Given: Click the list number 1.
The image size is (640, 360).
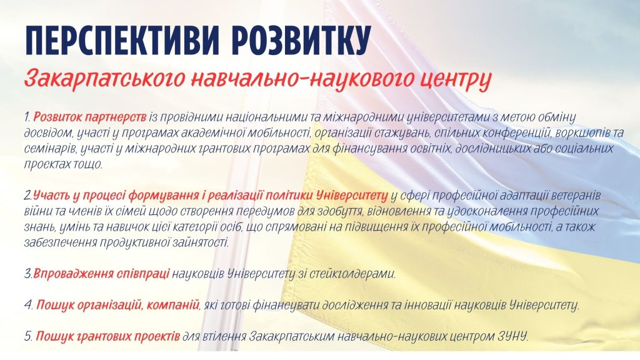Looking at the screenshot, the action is (27, 117).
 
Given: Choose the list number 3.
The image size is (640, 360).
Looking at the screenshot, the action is (28, 274).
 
